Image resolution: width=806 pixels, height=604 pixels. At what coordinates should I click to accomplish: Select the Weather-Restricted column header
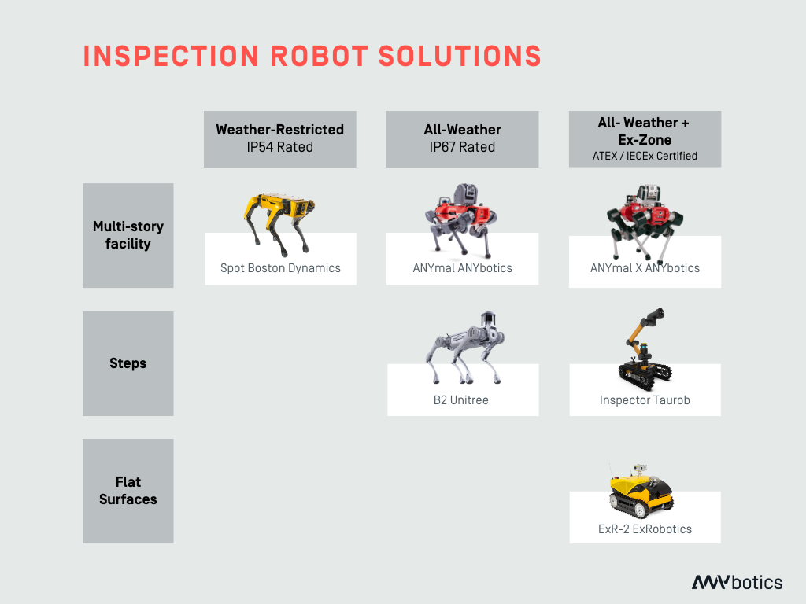(x=279, y=130)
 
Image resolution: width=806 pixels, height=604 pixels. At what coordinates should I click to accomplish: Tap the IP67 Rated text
(x=462, y=147)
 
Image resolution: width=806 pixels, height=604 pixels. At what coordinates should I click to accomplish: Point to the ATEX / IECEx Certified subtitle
(x=645, y=156)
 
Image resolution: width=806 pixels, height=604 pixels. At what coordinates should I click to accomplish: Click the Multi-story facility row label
(x=128, y=235)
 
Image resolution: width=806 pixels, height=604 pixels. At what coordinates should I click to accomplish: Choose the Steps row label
(x=128, y=363)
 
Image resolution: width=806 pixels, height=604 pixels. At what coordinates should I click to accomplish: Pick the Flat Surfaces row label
(x=128, y=491)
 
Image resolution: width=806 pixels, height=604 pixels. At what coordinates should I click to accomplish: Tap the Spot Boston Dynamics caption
(x=280, y=268)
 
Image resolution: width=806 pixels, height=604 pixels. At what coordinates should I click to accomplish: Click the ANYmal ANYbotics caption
(x=462, y=268)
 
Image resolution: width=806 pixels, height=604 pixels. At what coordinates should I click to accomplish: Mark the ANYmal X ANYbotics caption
(x=645, y=268)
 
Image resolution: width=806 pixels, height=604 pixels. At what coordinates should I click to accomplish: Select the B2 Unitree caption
(x=461, y=400)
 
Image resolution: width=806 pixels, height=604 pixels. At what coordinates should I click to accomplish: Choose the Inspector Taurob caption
(x=645, y=400)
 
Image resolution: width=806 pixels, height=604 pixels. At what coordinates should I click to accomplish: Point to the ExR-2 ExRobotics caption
(x=645, y=529)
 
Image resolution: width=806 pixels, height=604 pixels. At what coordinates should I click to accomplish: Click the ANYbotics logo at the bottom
(x=737, y=583)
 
